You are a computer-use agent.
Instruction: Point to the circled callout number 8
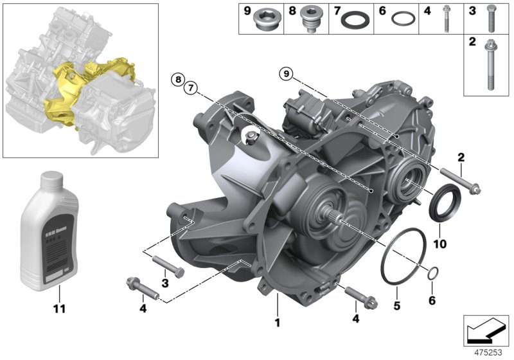click(x=178, y=80)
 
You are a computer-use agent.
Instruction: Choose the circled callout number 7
click(x=191, y=88)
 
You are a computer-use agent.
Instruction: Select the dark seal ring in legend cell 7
click(x=353, y=21)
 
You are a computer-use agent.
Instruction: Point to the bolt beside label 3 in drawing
click(x=168, y=266)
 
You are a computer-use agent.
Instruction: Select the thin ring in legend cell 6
click(x=402, y=20)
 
